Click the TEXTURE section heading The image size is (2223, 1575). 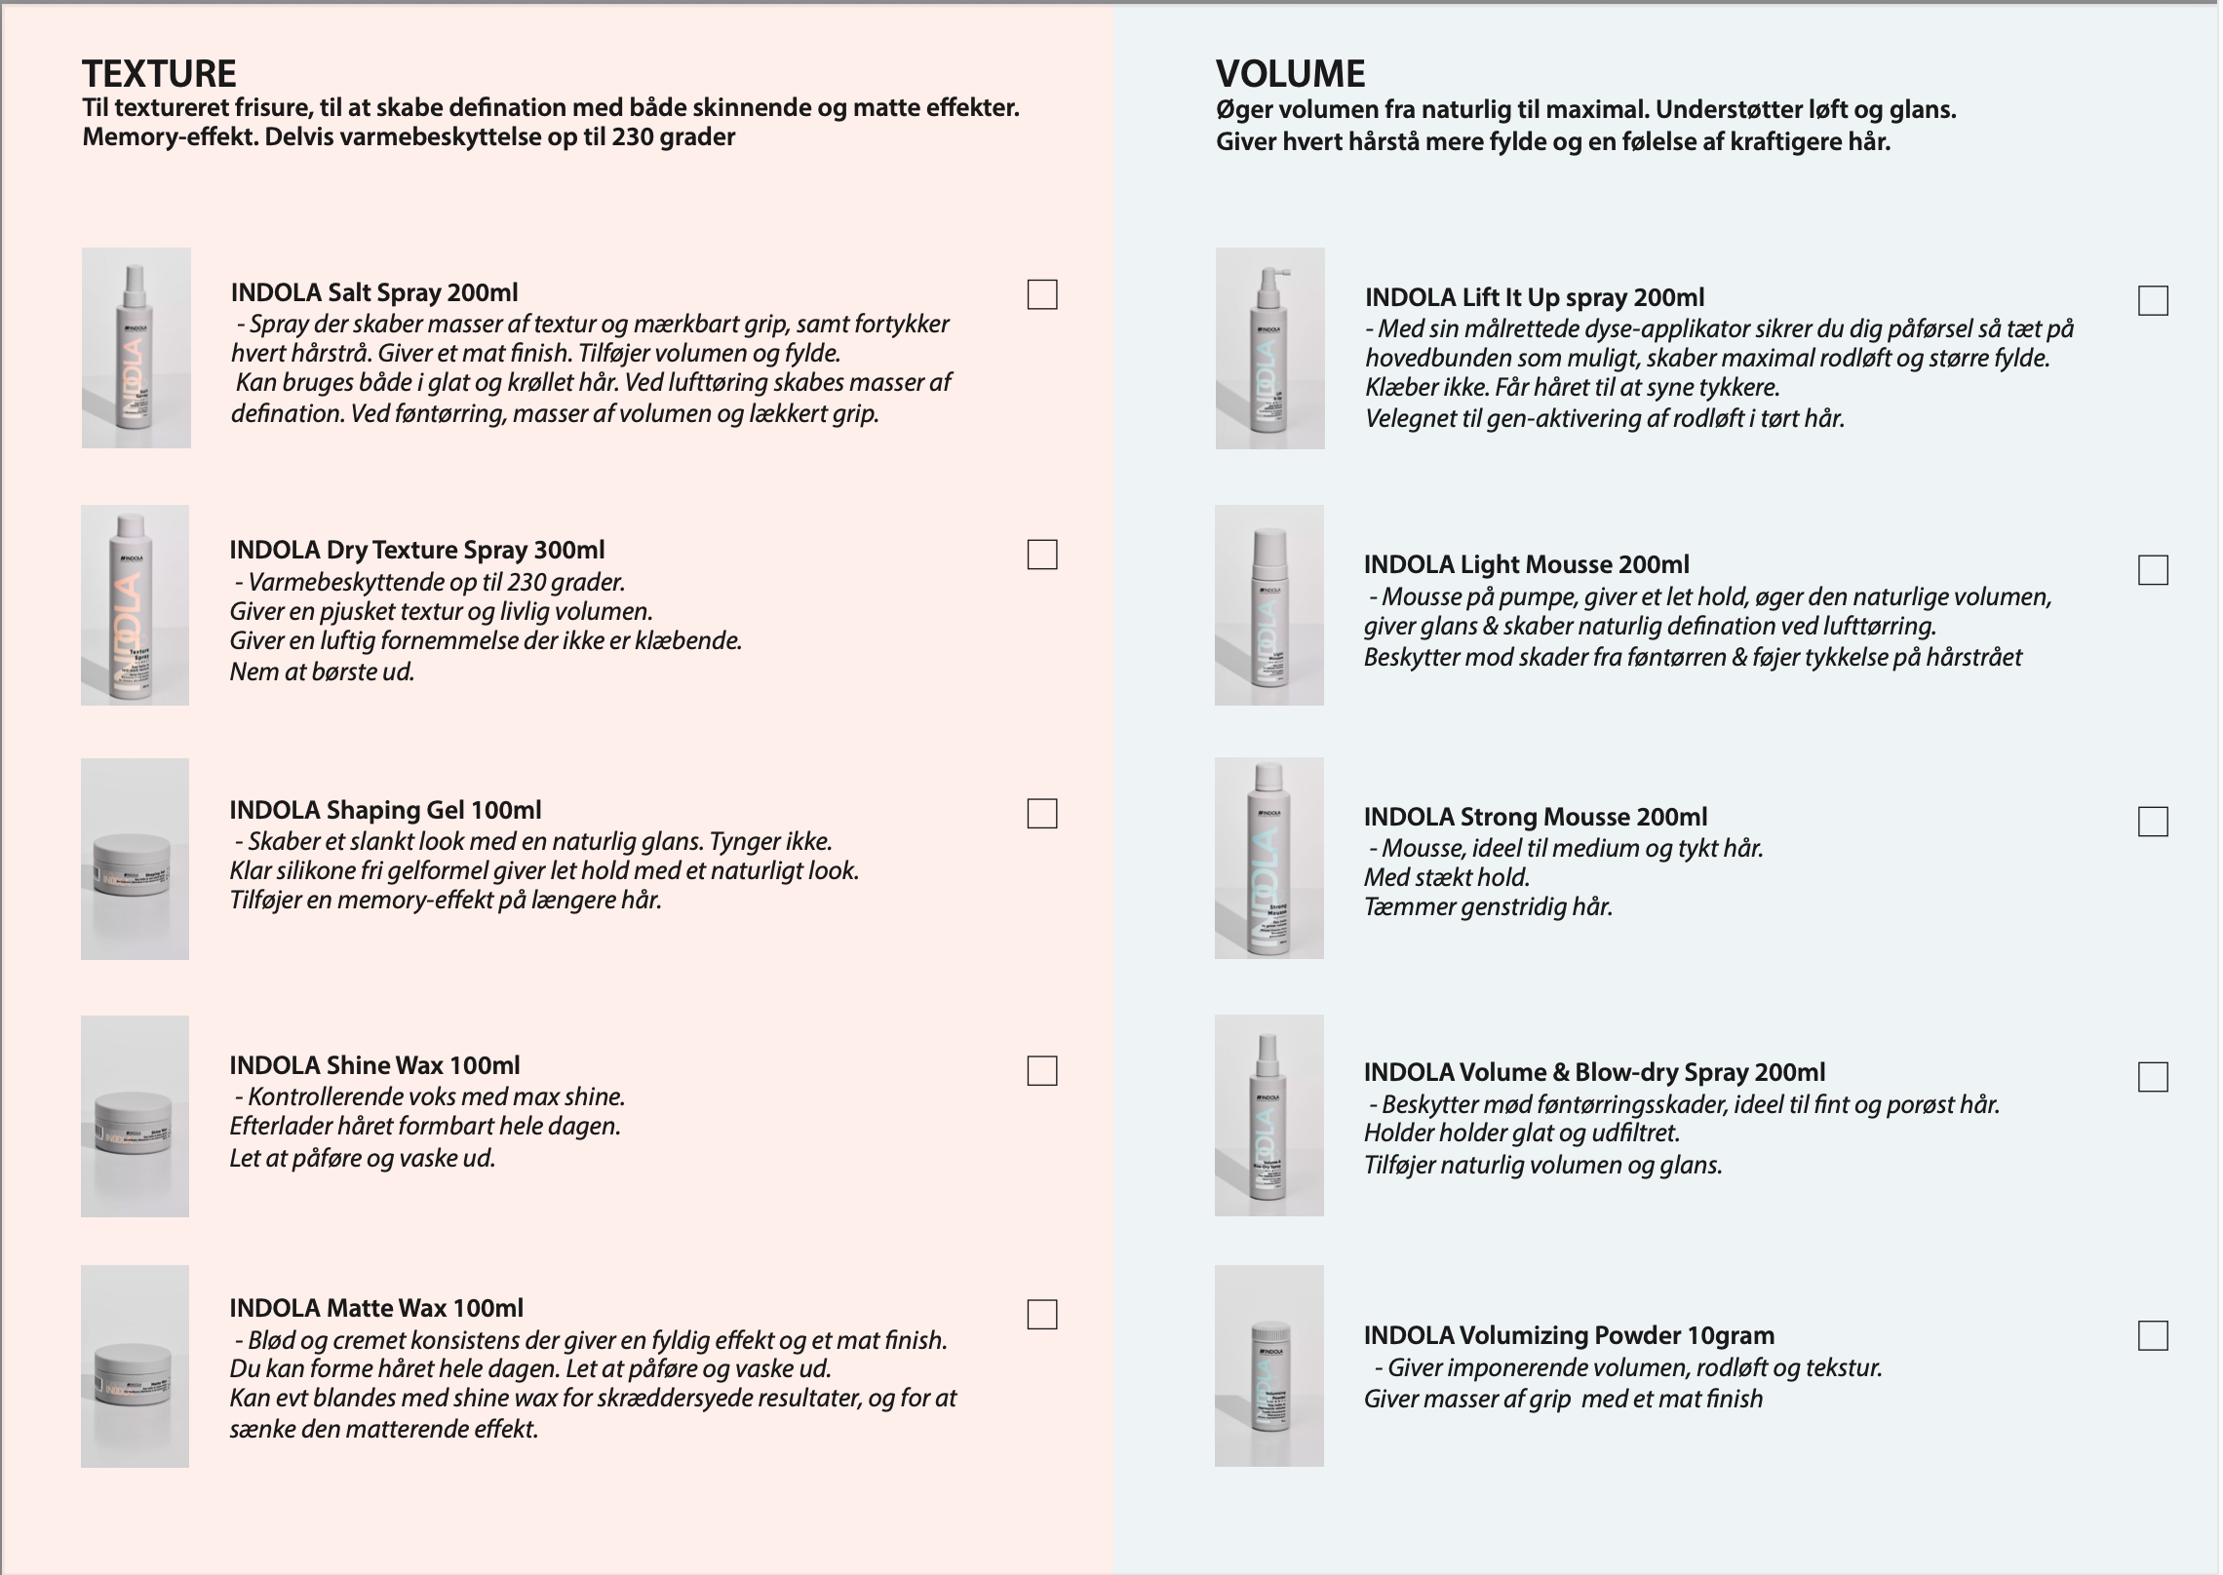(x=159, y=74)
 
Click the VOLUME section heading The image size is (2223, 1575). (x=1290, y=74)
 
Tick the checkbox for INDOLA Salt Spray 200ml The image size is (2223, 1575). (x=1042, y=294)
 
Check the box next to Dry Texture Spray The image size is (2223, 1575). (x=1042, y=555)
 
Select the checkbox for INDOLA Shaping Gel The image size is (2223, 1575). (x=1042, y=814)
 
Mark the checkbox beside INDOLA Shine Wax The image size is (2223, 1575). (x=1042, y=1071)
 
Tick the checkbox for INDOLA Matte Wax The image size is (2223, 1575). (x=1042, y=1315)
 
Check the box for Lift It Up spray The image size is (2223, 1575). (x=2153, y=300)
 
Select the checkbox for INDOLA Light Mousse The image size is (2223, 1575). (x=2153, y=570)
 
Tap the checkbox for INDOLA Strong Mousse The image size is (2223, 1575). (x=2153, y=822)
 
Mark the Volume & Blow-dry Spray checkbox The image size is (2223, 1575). (x=2153, y=1077)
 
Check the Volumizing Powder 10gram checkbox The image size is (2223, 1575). (x=2153, y=1335)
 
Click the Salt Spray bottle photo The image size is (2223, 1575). (x=136, y=348)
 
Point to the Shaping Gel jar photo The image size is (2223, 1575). (x=135, y=859)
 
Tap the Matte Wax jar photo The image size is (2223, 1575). (x=135, y=1365)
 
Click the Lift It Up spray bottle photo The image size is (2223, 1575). (x=1269, y=348)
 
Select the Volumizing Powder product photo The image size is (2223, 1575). (x=1269, y=1365)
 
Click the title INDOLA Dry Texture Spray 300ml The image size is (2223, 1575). (x=417, y=550)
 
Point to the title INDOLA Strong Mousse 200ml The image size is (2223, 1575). (x=1535, y=817)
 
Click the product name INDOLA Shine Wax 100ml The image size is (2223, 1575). (x=374, y=1065)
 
